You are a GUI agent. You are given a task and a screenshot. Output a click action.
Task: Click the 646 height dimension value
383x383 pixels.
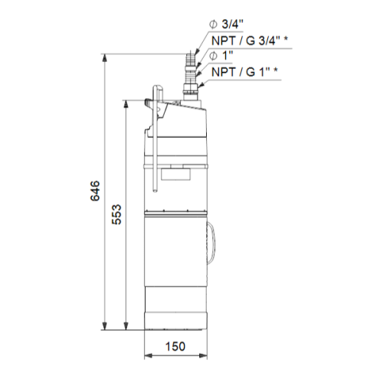click(x=95, y=191)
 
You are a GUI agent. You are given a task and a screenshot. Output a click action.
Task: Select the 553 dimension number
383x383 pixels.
click(x=116, y=214)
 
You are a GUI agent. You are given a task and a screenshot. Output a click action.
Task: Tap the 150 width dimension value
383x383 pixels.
click(x=175, y=346)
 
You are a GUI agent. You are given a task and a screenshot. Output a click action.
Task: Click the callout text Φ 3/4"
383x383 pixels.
click(x=226, y=25)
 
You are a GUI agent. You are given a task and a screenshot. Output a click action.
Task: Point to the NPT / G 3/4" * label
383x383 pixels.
click(x=250, y=41)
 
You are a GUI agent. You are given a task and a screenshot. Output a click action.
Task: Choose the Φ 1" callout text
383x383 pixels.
click(x=221, y=56)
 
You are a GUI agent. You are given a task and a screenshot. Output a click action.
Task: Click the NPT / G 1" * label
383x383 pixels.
click(x=244, y=72)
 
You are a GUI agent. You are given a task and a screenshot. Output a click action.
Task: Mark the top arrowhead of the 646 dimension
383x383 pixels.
click(x=104, y=58)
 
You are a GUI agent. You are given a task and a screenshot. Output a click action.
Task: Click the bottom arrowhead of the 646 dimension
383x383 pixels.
click(x=104, y=326)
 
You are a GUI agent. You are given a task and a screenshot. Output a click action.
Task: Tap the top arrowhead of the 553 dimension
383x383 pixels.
click(x=126, y=103)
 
